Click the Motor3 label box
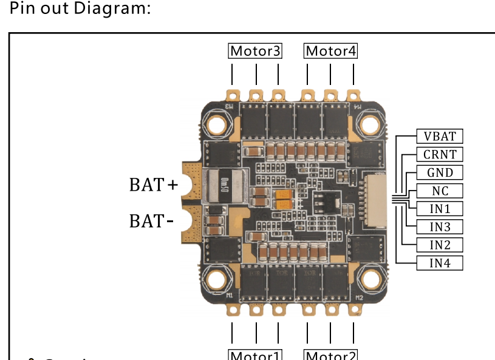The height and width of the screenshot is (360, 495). (x=255, y=51)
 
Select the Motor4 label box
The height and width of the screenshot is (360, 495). (x=331, y=51)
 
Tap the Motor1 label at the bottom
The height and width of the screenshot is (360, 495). (x=255, y=355)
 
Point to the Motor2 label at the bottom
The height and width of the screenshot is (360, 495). (x=331, y=355)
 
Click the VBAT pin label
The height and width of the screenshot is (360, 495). (x=440, y=136)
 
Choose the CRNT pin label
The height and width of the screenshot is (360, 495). (x=440, y=154)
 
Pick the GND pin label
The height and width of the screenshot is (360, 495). (x=440, y=172)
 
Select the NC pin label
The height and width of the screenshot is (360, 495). (x=440, y=191)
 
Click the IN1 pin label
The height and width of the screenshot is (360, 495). (x=440, y=209)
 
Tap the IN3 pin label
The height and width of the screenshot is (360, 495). (x=440, y=227)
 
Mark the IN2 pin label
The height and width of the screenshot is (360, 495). (x=440, y=245)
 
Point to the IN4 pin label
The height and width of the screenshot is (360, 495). (x=440, y=263)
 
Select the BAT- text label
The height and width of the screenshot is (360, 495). (x=151, y=221)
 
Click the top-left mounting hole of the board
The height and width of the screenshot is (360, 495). (x=217, y=124)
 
